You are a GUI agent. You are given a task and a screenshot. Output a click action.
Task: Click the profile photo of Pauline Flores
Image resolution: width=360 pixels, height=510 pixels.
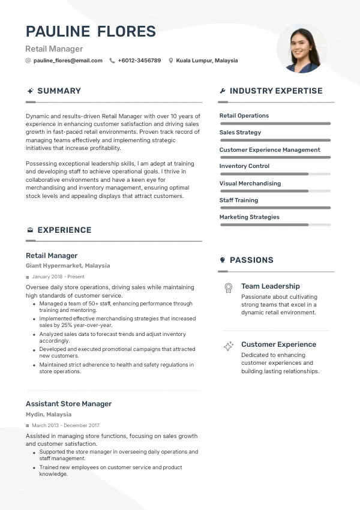coord(302,50)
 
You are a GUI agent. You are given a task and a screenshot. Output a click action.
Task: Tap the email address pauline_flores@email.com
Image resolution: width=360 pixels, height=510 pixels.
coord(68,61)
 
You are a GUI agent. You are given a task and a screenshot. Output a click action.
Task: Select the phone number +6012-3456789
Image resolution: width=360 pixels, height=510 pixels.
coord(139,61)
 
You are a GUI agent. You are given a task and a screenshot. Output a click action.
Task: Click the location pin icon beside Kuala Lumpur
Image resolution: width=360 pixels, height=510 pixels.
coord(171,61)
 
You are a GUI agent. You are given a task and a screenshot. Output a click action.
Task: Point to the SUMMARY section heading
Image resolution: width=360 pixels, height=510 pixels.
coord(59,91)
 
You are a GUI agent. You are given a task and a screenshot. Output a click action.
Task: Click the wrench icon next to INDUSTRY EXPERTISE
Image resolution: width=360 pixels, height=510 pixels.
coord(223,91)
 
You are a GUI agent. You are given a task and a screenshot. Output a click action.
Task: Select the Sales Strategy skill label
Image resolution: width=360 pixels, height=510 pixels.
coord(240,133)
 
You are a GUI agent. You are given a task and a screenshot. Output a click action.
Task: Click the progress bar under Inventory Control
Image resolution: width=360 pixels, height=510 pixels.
coord(275,174)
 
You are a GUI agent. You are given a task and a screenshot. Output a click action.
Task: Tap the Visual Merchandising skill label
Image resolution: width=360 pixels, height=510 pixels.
coord(250,184)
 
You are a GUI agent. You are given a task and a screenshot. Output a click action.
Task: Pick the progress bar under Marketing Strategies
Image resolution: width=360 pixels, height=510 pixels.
coord(275,224)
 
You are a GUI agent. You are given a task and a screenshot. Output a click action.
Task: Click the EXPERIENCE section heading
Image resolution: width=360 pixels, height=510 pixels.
coord(64,230)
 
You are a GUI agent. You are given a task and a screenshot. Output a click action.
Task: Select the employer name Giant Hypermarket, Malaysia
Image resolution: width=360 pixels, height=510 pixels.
coord(68,266)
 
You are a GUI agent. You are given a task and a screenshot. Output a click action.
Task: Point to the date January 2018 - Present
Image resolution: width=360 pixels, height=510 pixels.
coord(58,277)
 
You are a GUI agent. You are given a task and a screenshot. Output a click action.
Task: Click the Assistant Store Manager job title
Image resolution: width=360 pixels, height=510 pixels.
coord(68,404)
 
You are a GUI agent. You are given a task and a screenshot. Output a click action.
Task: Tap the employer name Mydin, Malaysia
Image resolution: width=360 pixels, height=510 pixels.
coord(49,415)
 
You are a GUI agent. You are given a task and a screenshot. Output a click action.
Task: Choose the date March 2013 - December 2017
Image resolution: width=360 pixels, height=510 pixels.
coord(65,425)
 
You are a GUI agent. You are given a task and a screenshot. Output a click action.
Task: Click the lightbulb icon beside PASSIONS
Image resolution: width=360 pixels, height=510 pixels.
coord(223,260)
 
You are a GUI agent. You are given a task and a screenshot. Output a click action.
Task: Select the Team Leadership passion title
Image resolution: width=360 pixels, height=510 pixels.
coord(270,287)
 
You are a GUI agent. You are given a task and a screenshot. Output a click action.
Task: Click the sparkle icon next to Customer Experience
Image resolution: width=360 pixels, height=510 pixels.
coord(228,346)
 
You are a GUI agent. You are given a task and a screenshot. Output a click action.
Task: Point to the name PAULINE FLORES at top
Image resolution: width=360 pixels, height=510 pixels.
coord(91,32)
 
